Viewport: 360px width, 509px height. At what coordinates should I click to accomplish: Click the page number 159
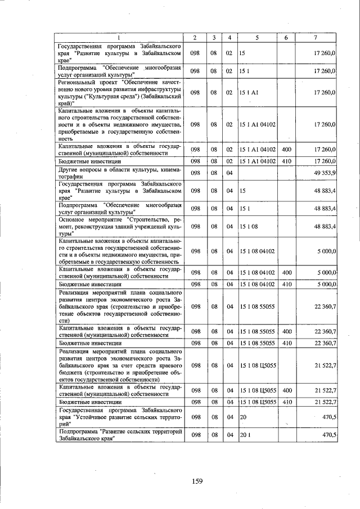point(196,480)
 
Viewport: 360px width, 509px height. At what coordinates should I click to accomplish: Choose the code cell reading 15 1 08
point(248,227)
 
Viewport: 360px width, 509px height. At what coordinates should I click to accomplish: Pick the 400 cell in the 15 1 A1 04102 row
point(286,150)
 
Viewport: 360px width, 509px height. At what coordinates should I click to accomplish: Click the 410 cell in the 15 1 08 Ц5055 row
point(286,402)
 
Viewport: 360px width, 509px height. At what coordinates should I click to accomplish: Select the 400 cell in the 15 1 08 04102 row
point(286,272)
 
